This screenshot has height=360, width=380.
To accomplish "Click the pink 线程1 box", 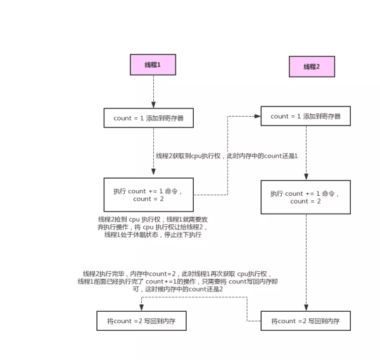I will (153, 65).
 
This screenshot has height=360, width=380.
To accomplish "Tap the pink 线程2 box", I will (312, 67).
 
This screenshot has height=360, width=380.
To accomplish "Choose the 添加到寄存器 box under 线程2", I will (305, 116).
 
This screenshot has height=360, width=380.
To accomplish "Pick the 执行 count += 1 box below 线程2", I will (305, 197).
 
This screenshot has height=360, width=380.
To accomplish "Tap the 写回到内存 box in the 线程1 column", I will (141, 321).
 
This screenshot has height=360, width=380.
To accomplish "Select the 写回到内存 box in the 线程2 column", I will (305, 321).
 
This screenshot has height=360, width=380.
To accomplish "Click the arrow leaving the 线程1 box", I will (153, 91).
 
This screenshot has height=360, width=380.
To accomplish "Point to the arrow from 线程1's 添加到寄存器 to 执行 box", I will (153, 152).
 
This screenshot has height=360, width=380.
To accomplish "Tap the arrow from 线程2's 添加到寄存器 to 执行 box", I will (307, 152).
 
